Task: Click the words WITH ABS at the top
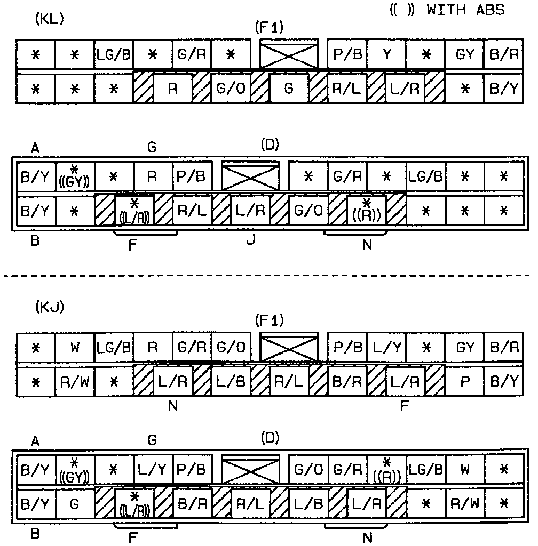(x=465, y=10)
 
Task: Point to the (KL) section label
(x=49, y=19)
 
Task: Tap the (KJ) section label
(x=49, y=308)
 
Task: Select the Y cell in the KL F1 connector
(x=386, y=54)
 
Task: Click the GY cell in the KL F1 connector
(x=465, y=54)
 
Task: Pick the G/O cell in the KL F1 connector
(x=231, y=87)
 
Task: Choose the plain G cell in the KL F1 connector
(x=289, y=87)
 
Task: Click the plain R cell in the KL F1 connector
(x=172, y=87)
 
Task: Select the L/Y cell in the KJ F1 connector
(x=386, y=347)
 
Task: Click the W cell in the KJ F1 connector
(x=75, y=347)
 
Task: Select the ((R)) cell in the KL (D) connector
(x=367, y=210)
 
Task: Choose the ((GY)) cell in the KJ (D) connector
(x=75, y=469)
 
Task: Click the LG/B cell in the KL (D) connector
(x=425, y=176)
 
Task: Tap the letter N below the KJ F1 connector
(x=172, y=406)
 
